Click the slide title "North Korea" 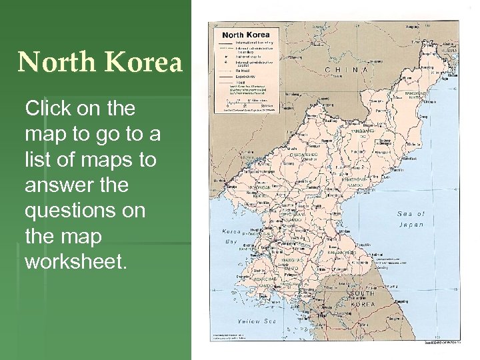pos(100,63)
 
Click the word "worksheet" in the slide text pos(75,261)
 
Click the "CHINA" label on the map pos(347,69)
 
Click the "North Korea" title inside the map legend pos(245,35)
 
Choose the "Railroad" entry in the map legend pos(240,71)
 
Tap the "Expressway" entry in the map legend pos(242,77)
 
